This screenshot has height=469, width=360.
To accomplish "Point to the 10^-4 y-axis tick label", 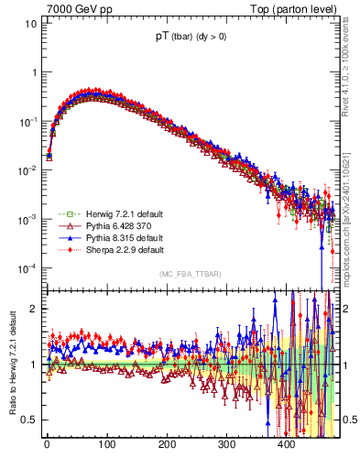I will [27, 267].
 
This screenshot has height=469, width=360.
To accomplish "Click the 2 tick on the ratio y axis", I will [34, 309].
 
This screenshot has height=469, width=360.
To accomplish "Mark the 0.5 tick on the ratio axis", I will [30, 420].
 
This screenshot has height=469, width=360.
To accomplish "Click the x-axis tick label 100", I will [106, 444].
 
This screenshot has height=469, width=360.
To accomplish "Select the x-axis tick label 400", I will [287, 444].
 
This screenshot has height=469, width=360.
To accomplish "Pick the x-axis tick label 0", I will [47, 444].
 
